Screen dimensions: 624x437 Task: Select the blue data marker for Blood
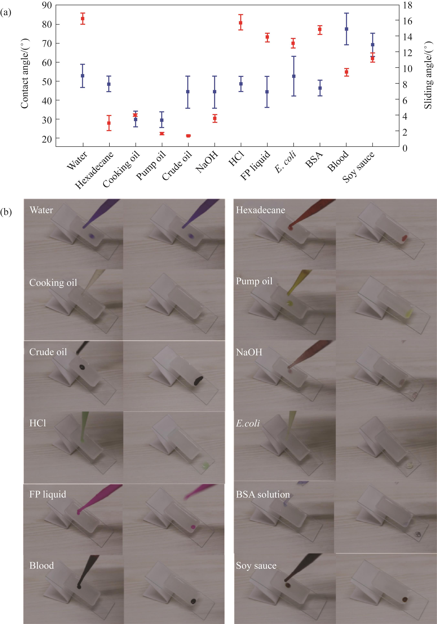click(x=346, y=29)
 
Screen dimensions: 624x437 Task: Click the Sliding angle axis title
click(x=428, y=75)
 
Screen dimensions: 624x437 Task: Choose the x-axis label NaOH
click(x=207, y=162)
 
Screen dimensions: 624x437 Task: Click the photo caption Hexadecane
click(x=260, y=210)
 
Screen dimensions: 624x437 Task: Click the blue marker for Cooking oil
click(x=135, y=119)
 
